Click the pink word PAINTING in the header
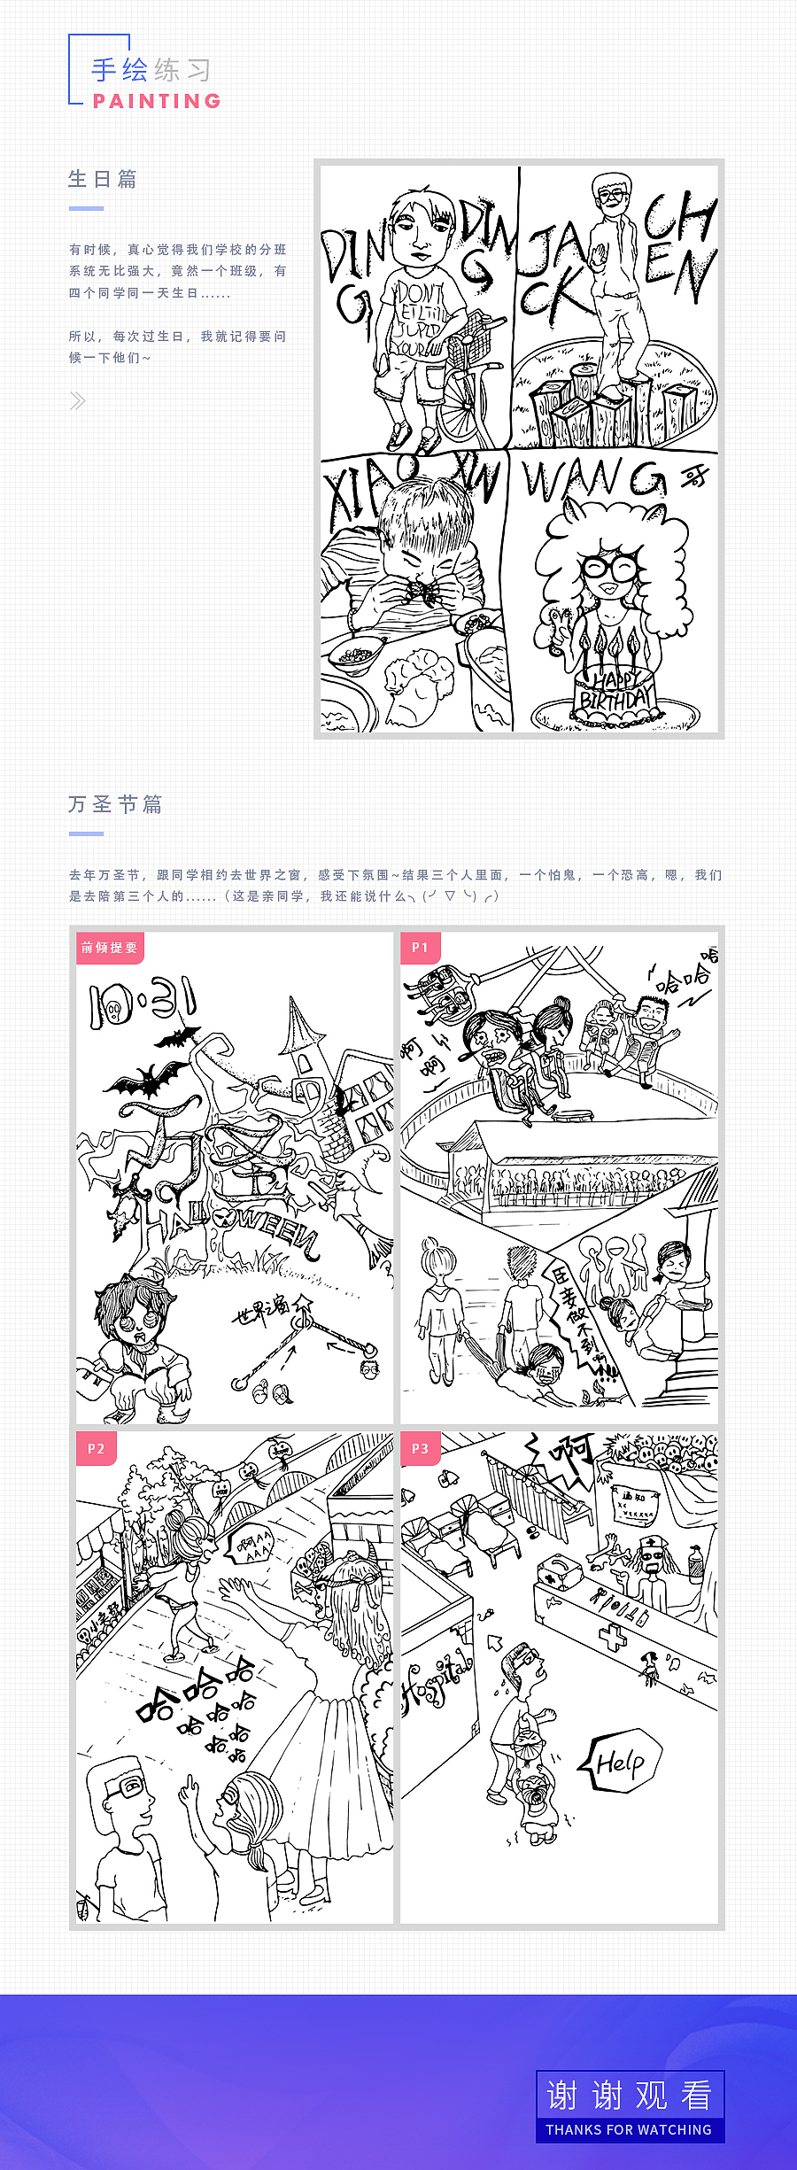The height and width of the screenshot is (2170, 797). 157,101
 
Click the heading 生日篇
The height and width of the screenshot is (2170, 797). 103,179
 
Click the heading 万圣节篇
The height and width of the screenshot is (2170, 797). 115,804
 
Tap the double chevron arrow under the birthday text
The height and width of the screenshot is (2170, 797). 78,401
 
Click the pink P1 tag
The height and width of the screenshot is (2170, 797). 420,948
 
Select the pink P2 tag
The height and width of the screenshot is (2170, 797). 96,1449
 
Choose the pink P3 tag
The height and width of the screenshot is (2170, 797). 420,1449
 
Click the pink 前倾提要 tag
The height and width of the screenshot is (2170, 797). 110,948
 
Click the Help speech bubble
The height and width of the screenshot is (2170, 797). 621,1763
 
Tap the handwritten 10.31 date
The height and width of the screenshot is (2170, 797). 142,1003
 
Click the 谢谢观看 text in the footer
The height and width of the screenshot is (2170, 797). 630,2096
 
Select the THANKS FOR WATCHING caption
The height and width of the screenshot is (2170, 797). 629,2129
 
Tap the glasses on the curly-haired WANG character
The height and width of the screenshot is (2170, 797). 609,567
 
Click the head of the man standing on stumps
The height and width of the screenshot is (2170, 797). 611,194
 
